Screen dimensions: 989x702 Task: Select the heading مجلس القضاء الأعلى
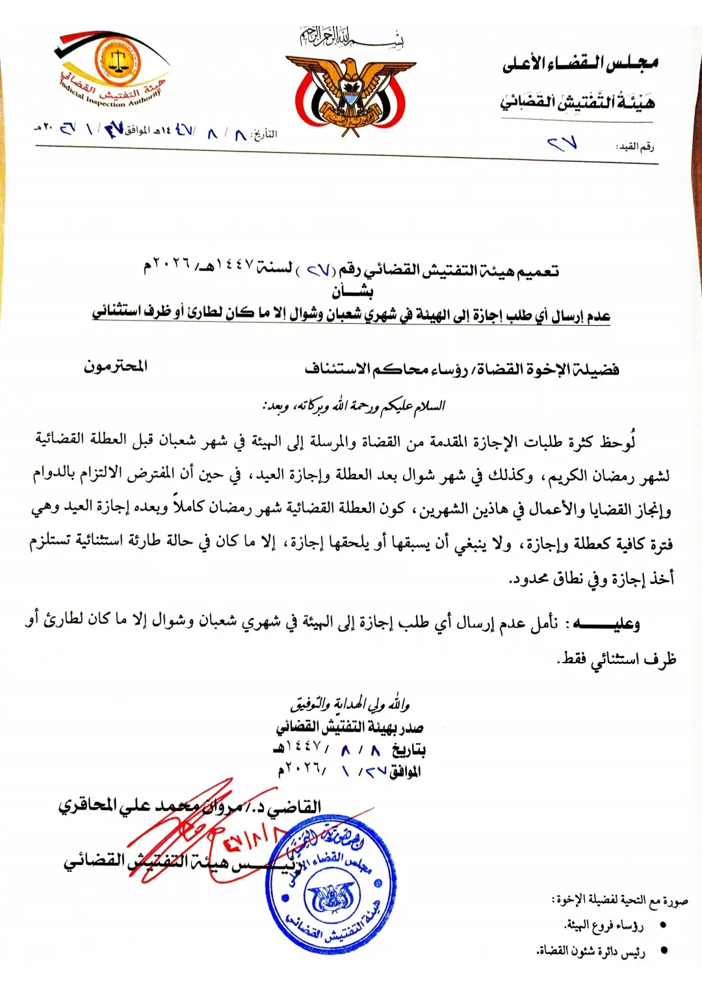coord(580,63)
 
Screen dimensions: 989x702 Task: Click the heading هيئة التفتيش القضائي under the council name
coord(577,101)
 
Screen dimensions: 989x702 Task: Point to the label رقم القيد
coord(634,147)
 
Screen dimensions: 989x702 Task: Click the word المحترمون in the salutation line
coord(115,366)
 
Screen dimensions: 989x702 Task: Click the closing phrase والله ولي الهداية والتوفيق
coord(350,704)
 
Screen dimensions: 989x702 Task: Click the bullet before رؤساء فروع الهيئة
coord(664,925)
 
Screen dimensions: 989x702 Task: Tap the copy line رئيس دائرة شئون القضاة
coord(591,952)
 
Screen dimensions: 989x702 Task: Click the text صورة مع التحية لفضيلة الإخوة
coord(619,901)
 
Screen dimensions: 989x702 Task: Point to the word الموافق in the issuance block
coord(405,772)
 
